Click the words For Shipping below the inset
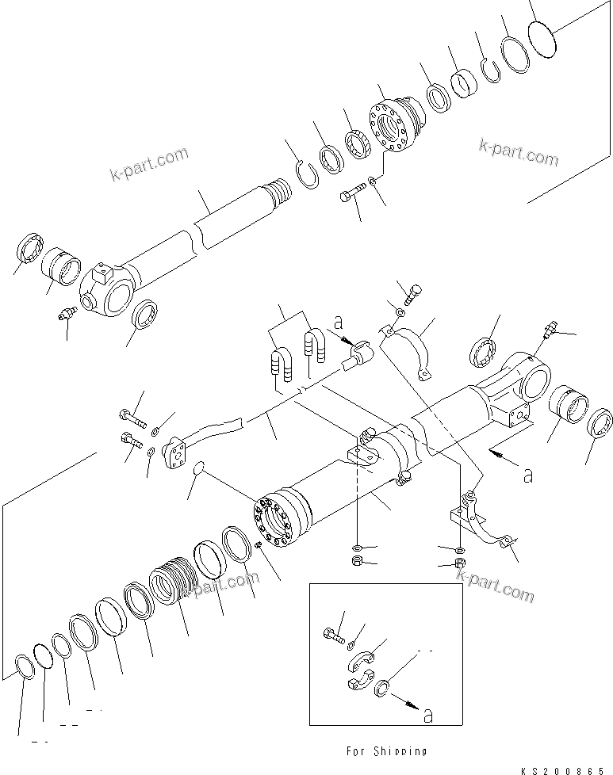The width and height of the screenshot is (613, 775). point(386,750)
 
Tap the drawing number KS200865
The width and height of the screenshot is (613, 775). point(567,768)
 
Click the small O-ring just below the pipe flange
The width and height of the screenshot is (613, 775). point(201,471)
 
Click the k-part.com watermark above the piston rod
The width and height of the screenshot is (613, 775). point(150,161)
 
